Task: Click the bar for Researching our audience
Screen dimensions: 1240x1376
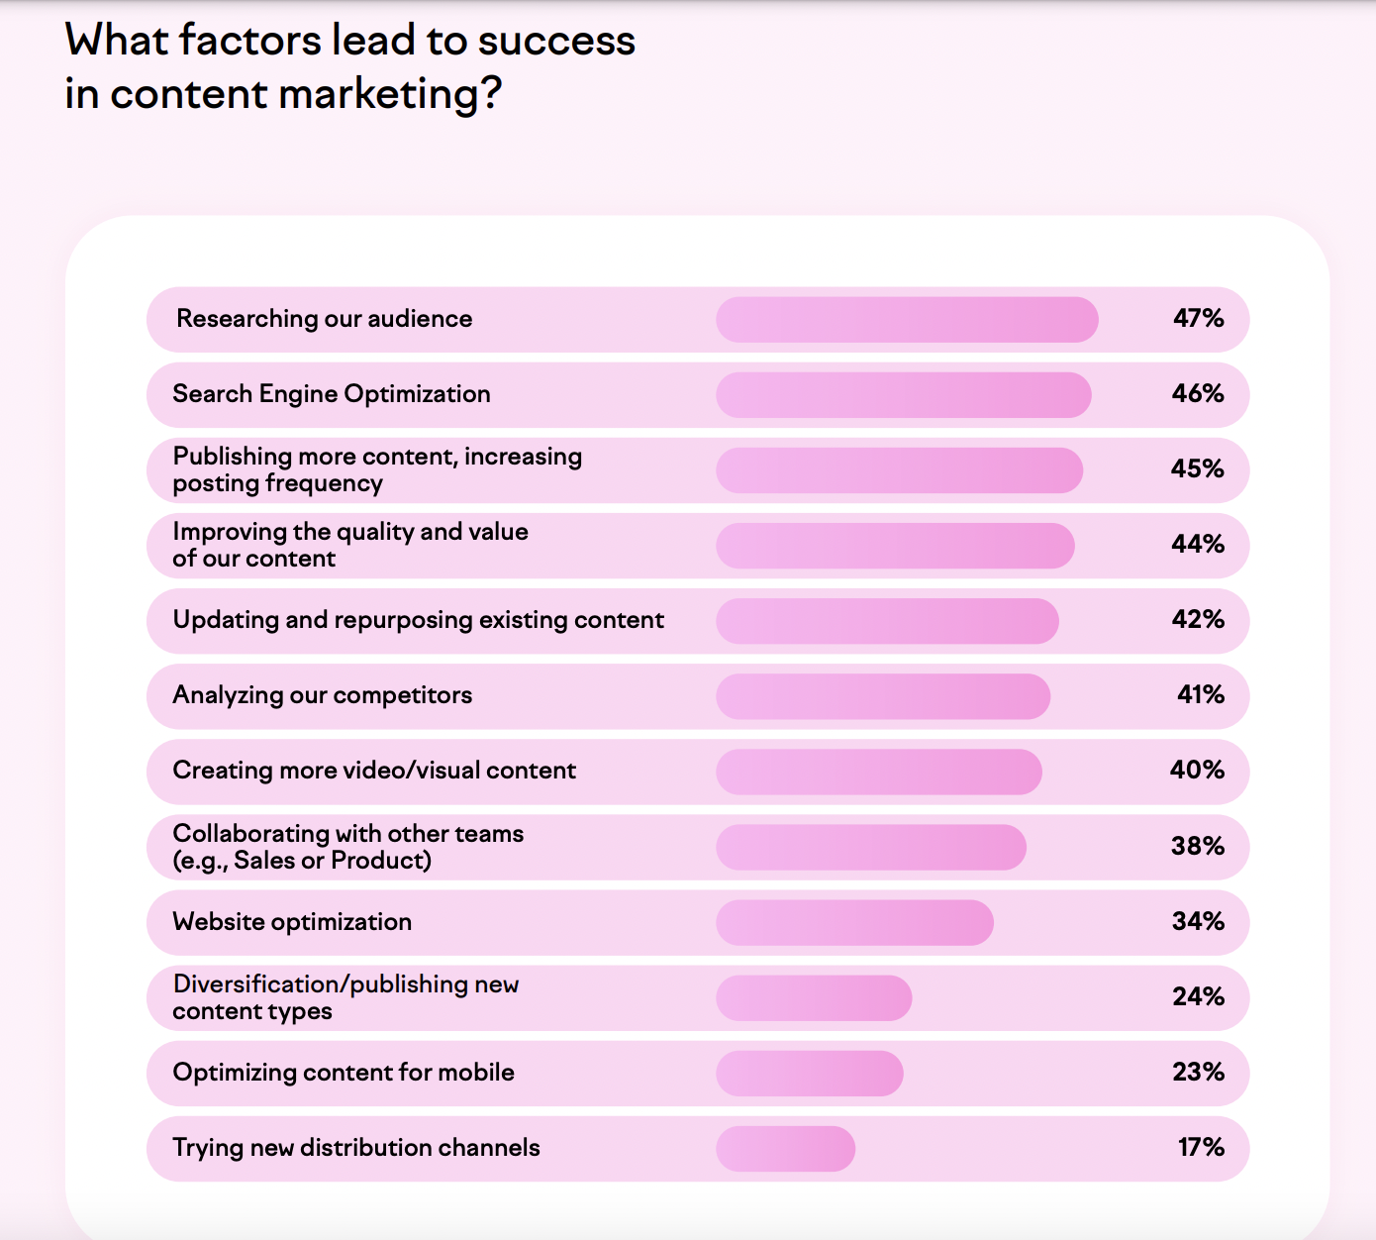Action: pyautogui.click(x=907, y=320)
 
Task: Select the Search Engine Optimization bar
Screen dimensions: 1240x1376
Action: pyautogui.click(x=903, y=395)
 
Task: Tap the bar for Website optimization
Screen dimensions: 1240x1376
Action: pyautogui.click(x=854, y=923)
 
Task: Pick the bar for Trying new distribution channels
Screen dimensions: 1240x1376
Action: pyautogui.click(x=785, y=1149)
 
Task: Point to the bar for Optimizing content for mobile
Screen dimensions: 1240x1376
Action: pyautogui.click(x=809, y=1074)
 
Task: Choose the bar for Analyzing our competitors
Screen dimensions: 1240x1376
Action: pyautogui.click(x=882, y=696)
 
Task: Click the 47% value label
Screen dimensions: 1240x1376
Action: pyautogui.click(x=1198, y=318)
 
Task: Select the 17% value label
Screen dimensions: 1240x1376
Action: pyautogui.click(x=1201, y=1147)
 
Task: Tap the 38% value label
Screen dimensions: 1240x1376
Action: pyautogui.click(x=1198, y=846)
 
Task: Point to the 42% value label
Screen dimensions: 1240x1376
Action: pyautogui.click(x=1198, y=619)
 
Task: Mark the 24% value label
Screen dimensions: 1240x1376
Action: pyautogui.click(x=1198, y=996)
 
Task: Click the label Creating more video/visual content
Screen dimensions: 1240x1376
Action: pyautogui.click(x=374, y=771)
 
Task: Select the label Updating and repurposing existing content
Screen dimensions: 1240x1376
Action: pyautogui.click(x=418, y=620)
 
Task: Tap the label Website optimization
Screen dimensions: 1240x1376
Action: pyautogui.click(x=292, y=922)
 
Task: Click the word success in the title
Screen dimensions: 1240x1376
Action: pyautogui.click(x=556, y=41)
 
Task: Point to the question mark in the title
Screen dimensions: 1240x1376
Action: pyautogui.click(x=491, y=94)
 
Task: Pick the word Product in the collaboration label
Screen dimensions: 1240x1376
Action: pyautogui.click(x=377, y=861)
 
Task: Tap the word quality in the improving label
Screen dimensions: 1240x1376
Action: pyautogui.click(x=374, y=533)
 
